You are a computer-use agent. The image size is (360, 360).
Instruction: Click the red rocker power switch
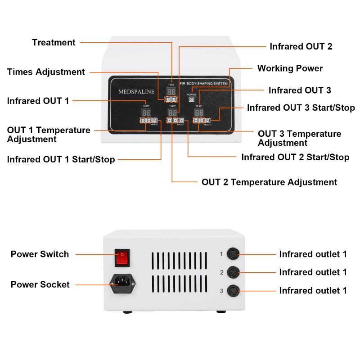(121, 257)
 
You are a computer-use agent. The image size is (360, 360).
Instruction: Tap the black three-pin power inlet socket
(121, 284)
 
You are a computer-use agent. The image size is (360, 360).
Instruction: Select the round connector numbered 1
(232, 254)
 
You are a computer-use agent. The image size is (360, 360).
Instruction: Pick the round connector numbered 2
(232, 272)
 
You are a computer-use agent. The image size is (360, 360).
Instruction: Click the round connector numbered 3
(232, 291)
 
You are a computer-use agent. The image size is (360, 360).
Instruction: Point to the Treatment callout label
(54, 43)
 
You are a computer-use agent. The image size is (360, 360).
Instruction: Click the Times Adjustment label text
(46, 72)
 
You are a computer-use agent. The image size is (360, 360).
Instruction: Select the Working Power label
(290, 68)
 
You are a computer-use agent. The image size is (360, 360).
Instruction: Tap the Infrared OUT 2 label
(301, 46)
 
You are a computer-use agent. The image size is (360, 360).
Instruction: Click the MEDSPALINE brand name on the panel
(136, 92)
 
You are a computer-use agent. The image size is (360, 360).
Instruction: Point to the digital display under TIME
(171, 91)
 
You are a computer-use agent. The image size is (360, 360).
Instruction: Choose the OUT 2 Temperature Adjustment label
(269, 182)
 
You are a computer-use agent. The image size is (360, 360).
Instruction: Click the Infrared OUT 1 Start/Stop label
(61, 159)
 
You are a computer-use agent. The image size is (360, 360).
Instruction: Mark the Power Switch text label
(40, 254)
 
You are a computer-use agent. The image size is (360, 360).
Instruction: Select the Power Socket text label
(40, 284)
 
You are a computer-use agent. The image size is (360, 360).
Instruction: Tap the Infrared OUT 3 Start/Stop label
(301, 108)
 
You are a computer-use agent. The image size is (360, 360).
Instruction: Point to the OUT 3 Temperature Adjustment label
(299, 138)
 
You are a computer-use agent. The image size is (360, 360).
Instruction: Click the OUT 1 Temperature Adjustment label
(49, 135)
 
